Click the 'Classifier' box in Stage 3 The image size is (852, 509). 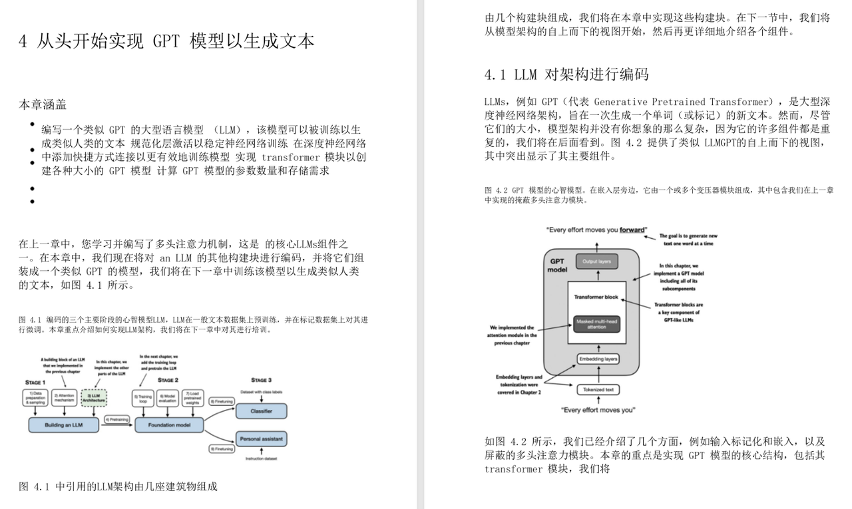click(x=262, y=411)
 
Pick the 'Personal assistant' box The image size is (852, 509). click(x=262, y=440)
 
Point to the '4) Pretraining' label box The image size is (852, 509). click(x=117, y=420)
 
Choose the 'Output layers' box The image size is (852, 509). click(x=596, y=261)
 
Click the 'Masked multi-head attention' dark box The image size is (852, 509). click(x=596, y=324)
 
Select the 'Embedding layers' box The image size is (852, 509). click(x=598, y=359)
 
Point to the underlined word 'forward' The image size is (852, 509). click(x=632, y=230)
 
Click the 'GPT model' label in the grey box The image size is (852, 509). click(x=556, y=266)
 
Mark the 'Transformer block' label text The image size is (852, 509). click(x=596, y=297)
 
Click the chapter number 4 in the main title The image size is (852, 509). click(x=23, y=42)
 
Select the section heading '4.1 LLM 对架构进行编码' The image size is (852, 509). click(x=566, y=75)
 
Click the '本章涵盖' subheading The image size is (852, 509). click(x=42, y=105)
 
